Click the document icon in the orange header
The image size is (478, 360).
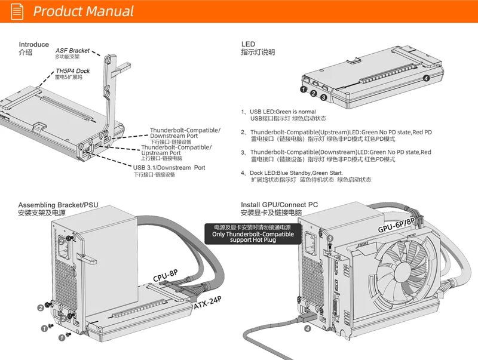[17, 11]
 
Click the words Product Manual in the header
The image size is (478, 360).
[83, 11]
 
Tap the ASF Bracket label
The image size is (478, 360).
[72, 51]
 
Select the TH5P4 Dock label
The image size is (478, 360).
[72, 71]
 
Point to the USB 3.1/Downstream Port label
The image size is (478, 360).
[169, 168]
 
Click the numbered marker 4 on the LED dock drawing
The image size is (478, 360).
[426, 78]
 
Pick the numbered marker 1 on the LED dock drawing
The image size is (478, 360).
[303, 89]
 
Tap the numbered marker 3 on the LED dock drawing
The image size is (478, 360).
[323, 97]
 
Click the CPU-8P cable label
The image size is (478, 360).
[166, 276]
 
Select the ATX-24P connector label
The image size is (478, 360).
[208, 303]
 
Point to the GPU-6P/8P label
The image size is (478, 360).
[396, 224]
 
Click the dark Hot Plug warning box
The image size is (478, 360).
[253, 234]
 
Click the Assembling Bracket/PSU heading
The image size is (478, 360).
[58, 205]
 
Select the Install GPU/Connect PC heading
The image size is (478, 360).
[279, 205]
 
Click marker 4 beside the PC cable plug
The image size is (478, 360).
[308, 328]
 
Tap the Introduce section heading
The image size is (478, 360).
[34, 44]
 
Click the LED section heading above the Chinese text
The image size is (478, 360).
[248, 44]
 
